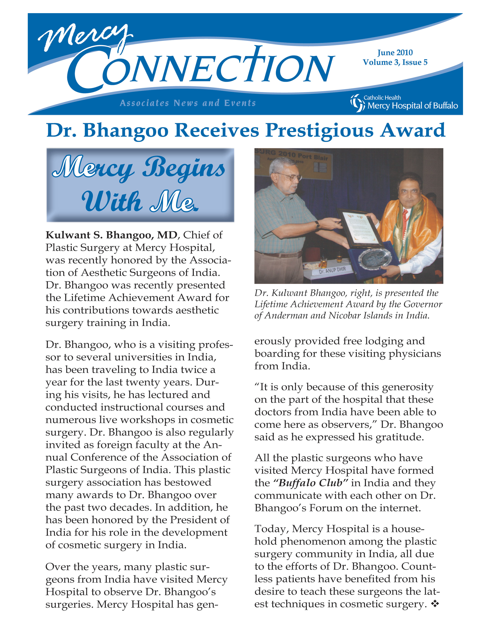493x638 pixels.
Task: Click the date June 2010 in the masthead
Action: pyautogui.click(x=395, y=53)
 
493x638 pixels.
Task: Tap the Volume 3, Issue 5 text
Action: pyautogui.click(x=395, y=62)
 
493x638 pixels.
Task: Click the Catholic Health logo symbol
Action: pyautogui.click(x=357, y=103)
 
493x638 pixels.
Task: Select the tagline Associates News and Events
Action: pyautogui.click(x=188, y=103)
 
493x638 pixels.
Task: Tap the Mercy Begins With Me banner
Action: pyautogui.click(x=140, y=185)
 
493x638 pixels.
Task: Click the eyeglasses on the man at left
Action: pyautogui.click(x=288, y=176)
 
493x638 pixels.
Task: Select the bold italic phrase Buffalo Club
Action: pyautogui.click(x=310, y=483)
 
